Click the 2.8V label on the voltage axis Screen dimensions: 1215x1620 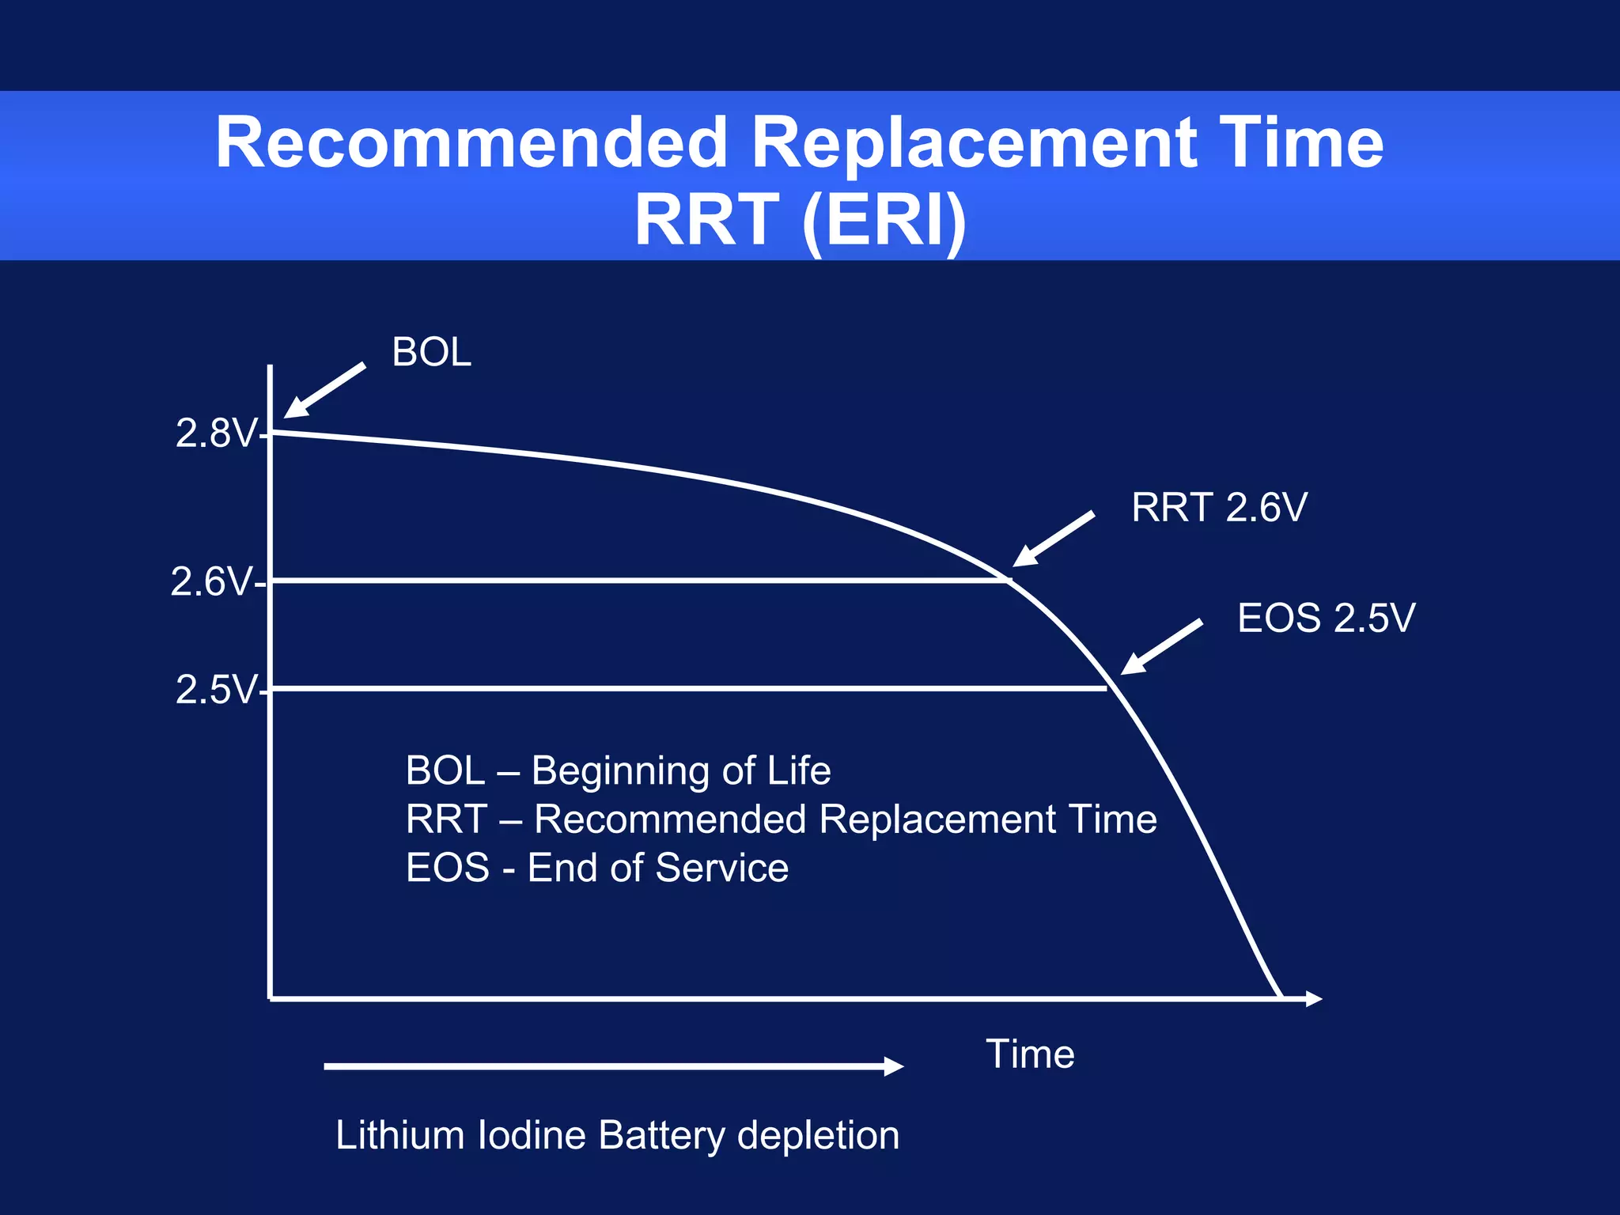click(x=217, y=433)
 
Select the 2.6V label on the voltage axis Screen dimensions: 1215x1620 click(x=211, y=582)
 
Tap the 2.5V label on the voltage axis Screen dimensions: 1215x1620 click(x=217, y=690)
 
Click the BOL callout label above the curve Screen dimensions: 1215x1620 click(x=431, y=352)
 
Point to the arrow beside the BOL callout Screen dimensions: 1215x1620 click(x=324, y=391)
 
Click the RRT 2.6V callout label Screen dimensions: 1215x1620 click(x=1219, y=508)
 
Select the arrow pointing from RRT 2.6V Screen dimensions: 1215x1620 click(x=1053, y=539)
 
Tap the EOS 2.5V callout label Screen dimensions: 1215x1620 click(x=1326, y=618)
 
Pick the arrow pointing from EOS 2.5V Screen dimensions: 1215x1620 click(x=1161, y=648)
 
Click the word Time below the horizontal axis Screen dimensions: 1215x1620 click(x=1030, y=1054)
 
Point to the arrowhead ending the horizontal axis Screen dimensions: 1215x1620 click(x=1314, y=999)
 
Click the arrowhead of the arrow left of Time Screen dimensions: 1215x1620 click(x=894, y=1066)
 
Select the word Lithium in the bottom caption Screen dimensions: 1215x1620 click(x=399, y=1136)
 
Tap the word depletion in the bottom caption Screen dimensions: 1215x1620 click(x=818, y=1136)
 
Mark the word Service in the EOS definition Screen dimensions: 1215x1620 click(x=722, y=868)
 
